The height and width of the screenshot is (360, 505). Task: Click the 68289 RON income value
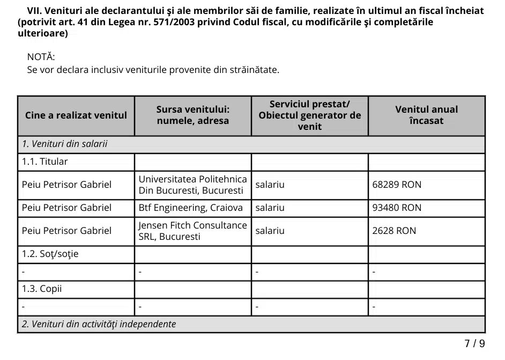pyautogui.click(x=397, y=185)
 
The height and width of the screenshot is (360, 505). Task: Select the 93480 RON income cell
pyautogui.click(x=397, y=208)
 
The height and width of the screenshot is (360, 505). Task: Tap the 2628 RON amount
pyautogui.click(x=394, y=231)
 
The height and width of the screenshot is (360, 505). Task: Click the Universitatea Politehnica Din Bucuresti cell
pyautogui.click(x=192, y=185)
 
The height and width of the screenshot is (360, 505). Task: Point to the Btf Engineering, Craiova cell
pyautogui.click(x=190, y=208)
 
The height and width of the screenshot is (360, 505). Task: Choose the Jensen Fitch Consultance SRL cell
pyautogui.click(x=192, y=231)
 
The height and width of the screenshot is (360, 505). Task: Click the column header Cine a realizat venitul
pyautogui.click(x=76, y=115)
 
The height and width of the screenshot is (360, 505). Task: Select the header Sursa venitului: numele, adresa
pyautogui.click(x=192, y=115)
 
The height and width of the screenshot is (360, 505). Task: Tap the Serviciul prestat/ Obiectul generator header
pyautogui.click(x=309, y=115)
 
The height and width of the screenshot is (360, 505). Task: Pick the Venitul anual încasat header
pyautogui.click(x=426, y=115)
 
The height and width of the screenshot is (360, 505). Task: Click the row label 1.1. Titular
pyautogui.click(x=45, y=161)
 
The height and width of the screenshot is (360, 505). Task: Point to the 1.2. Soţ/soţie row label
pyautogui.click(x=50, y=254)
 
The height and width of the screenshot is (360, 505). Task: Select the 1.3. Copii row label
pyautogui.click(x=42, y=289)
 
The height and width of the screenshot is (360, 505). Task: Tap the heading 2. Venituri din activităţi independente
pyautogui.click(x=99, y=324)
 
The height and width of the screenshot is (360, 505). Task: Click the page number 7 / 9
pyautogui.click(x=474, y=343)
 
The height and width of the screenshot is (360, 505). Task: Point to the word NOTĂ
pyautogui.click(x=41, y=57)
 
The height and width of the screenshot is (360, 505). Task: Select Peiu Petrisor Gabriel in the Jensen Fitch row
pyautogui.click(x=66, y=231)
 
